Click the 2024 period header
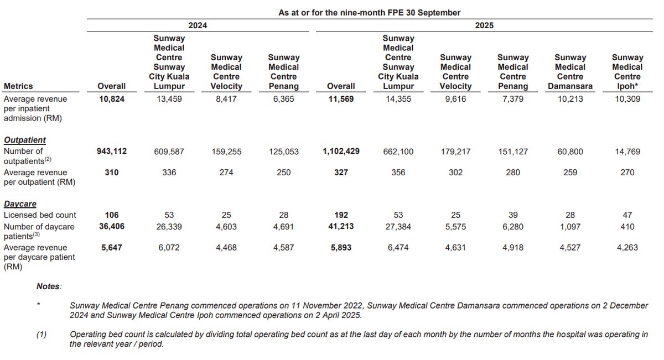pos(198,25)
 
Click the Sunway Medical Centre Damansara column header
pos(570,72)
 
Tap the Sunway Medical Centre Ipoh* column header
pos(627,72)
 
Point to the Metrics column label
pos(18,86)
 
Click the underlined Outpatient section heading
pos(24,140)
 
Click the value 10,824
pos(111,99)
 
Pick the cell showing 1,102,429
pos(341,151)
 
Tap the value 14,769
pos(627,151)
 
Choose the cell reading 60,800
pos(570,151)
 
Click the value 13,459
pos(169,99)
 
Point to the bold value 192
pos(341,215)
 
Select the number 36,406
pos(111,226)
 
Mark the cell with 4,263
pos(627,248)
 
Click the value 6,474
pos(398,248)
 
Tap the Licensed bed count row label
pos(40,215)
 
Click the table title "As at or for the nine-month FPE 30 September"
pos(369,12)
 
